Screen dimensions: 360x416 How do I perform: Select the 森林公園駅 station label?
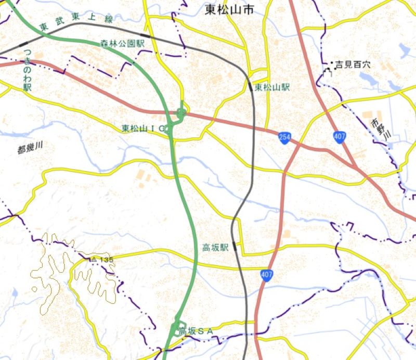pyautogui.click(x=123, y=44)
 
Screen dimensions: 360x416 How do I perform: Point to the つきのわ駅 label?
pyautogui.click(x=27, y=74)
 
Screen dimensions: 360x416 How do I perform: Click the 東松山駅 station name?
pyautogui.click(x=272, y=87)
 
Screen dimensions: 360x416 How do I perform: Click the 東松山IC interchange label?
pyautogui.click(x=144, y=128)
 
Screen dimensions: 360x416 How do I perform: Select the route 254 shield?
pyautogui.click(x=284, y=138)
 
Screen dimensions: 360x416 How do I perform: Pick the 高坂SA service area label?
pyautogui.click(x=196, y=331)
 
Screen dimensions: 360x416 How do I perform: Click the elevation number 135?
pyautogui.click(x=106, y=260)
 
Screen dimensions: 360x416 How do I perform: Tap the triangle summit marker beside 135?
pyautogui.click(x=94, y=259)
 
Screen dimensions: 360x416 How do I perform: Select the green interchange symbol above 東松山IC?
pyautogui.click(x=180, y=112)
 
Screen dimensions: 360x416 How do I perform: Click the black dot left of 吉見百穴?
pyautogui.click(x=332, y=63)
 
